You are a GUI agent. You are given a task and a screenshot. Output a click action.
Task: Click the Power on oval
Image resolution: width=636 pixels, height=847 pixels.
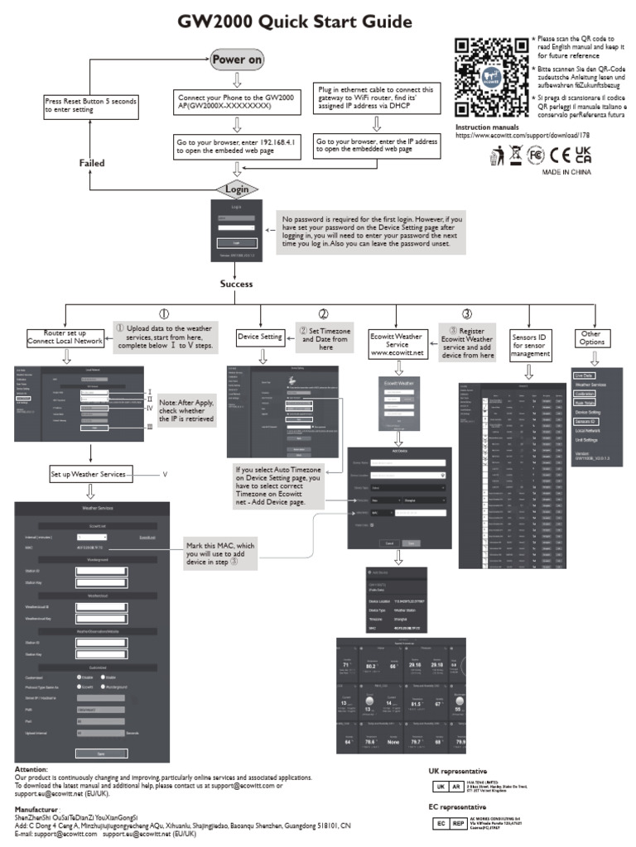[x=237, y=60]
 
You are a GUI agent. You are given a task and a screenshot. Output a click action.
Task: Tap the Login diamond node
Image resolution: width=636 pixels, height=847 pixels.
[x=237, y=189]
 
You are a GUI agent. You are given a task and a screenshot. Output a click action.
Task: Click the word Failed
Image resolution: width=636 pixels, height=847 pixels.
[x=91, y=163]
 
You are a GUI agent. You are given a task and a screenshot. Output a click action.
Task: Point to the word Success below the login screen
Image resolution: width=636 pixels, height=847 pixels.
[x=236, y=284]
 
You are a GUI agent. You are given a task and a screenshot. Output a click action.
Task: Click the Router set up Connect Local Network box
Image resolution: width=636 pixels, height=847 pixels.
[x=66, y=337]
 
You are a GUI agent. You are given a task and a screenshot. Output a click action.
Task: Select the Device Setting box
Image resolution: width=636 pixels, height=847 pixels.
[x=260, y=337]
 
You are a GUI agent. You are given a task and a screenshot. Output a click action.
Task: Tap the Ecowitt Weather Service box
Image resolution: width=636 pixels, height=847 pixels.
[x=397, y=341]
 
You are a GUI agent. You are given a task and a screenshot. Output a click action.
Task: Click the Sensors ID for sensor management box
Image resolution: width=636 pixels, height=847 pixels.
[x=531, y=342]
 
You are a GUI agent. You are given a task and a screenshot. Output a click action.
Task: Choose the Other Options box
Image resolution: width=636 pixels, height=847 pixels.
[x=592, y=337]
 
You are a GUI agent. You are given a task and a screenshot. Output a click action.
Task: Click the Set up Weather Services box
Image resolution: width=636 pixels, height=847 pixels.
[x=89, y=475]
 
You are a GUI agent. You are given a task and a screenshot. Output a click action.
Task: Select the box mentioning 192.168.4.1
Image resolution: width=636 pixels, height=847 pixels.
[x=238, y=146]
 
